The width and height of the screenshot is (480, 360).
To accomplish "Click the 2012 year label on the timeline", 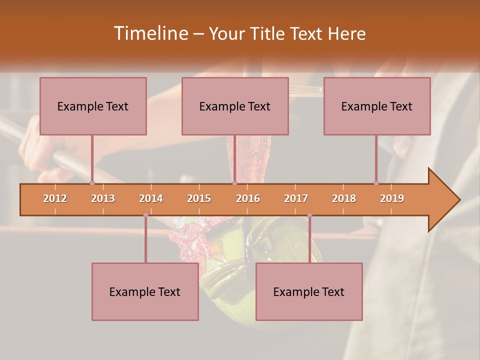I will click(x=55, y=198).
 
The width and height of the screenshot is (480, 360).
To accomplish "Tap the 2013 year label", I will click(x=103, y=198).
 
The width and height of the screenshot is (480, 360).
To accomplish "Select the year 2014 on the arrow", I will click(x=151, y=198).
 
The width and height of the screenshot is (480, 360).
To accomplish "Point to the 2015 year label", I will click(x=199, y=198).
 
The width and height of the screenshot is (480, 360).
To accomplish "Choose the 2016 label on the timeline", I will click(x=248, y=198).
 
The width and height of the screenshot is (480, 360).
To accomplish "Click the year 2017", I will click(x=296, y=198).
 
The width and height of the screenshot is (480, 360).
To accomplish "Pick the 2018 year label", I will click(x=344, y=198).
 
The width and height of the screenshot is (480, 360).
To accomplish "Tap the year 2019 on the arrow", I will click(x=392, y=198).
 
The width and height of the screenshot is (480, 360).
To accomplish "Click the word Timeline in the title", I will click(x=150, y=33).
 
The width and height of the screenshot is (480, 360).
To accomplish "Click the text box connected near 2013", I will click(x=93, y=106).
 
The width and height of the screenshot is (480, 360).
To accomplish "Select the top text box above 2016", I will click(x=235, y=106).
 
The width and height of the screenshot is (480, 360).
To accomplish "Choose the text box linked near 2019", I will click(x=377, y=106).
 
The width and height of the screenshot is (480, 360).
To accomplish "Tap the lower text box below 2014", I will click(x=145, y=291).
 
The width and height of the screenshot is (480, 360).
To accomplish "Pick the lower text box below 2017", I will click(x=309, y=291).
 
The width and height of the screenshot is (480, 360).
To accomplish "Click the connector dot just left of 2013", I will click(x=92, y=183).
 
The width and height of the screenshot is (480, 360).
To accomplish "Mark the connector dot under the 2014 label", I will click(x=145, y=215).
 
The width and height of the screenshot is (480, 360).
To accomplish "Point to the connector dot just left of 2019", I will click(x=376, y=183).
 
